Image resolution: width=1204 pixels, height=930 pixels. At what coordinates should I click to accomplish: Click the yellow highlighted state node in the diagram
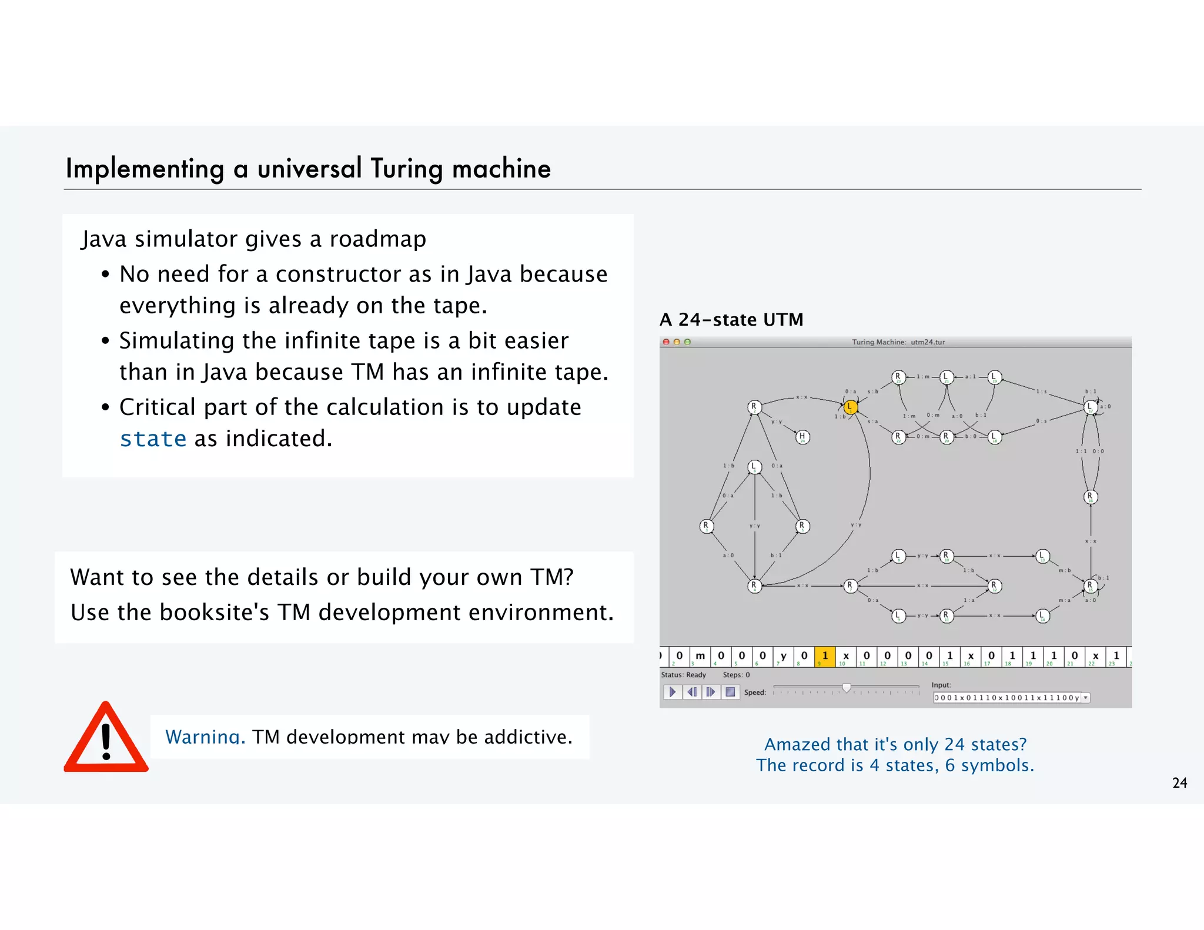tap(850, 407)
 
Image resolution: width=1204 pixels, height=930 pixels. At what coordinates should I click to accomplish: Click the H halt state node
tap(802, 437)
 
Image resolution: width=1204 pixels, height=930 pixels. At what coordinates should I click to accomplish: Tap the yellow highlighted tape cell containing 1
tap(825, 656)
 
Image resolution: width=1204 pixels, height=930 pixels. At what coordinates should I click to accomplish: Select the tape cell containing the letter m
tap(700, 656)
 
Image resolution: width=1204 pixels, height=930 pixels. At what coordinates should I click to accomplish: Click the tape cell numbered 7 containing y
tap(783, 656)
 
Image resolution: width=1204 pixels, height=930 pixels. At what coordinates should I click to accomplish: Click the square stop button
tap(730, 692)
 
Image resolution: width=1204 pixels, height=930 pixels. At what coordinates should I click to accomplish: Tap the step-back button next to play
tap(692, 692)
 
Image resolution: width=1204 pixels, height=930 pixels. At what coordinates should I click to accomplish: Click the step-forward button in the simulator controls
tap(711, 692)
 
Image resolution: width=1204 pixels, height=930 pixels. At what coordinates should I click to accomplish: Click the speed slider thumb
tap(847, 687)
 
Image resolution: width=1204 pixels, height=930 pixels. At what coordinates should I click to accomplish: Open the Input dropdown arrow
tap(1086, 698)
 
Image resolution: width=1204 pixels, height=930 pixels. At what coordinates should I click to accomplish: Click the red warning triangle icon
tap(106, 739)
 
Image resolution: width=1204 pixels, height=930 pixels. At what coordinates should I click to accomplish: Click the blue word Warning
tap(205, 737)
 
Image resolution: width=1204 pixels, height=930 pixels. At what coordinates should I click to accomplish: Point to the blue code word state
tap(153, 439)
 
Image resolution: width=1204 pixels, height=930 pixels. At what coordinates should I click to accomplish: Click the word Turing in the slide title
tap(407, 169)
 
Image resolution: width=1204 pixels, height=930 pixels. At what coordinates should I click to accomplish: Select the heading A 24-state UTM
tap(731, 320)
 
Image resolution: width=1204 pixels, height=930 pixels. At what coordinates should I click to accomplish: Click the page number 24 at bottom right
tap(1179, 783)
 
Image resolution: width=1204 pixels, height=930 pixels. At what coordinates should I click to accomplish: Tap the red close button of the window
tap(666, 342)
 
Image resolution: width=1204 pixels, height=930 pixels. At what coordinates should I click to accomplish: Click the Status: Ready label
tap(683, 675)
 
